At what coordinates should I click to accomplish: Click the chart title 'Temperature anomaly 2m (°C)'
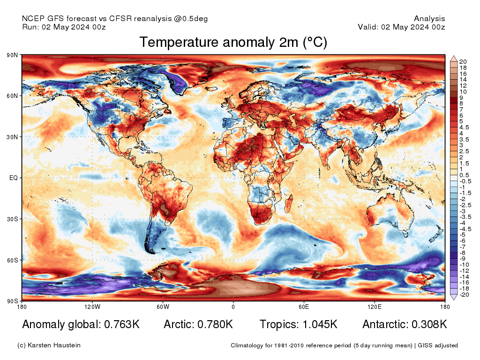point(233,42)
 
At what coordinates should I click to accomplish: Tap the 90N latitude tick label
point(12,55)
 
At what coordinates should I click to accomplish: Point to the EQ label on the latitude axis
point(14,178)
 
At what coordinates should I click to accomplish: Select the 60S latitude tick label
point(12,260)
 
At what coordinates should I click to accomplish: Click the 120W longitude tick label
point(92,307)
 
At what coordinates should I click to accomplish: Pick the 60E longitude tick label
point(304,307)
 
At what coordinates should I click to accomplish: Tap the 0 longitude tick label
point(233,307)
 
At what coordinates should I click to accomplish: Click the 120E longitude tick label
point(375,307)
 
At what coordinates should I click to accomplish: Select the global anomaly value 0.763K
point(122,324)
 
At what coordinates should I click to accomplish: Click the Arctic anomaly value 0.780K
point(215,324)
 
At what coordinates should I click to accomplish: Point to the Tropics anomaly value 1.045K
point(320,324)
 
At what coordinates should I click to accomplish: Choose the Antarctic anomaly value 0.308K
point(429,324)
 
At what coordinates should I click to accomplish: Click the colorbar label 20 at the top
point(463,62)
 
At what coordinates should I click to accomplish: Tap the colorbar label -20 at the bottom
point(464,295)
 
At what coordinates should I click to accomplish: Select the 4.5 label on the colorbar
point(464,127)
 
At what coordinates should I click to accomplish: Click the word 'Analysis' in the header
point(429,19)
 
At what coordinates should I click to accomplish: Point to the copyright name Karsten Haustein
point(54,345)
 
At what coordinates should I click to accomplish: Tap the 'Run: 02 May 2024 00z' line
point(64,27)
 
